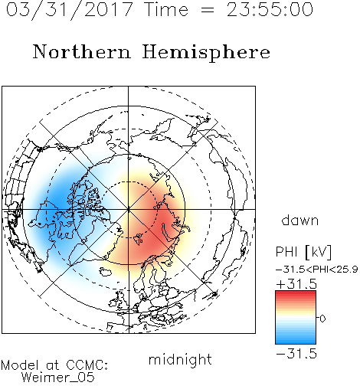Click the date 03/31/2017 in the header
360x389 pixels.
(x=70, y=10)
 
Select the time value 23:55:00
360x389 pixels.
(x=270, y=9)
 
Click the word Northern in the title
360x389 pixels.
(x=82, y=51)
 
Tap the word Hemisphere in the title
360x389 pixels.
(x=206, y=53)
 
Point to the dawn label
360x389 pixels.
(x=300, y=221)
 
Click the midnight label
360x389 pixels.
(x=180, y=359)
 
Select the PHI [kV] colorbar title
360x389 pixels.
(x=304, y=252)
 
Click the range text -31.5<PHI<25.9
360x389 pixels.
(x=317, y=270)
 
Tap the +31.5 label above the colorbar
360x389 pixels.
(x=296, y=284)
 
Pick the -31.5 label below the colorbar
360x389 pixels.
(x=296, y=354)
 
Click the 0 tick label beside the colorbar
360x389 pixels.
(x=322, y=319)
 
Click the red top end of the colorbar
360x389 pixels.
(x=296, y=293)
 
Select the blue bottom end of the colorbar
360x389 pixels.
(x=296, y=342)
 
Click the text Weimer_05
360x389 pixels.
(x=57, y=377)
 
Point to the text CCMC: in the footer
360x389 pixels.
(x=87, y=365)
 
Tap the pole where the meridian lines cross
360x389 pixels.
(x=129, y=210)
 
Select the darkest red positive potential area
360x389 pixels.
(x=162, y=224)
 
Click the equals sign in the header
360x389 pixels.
(x=208, y=10)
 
